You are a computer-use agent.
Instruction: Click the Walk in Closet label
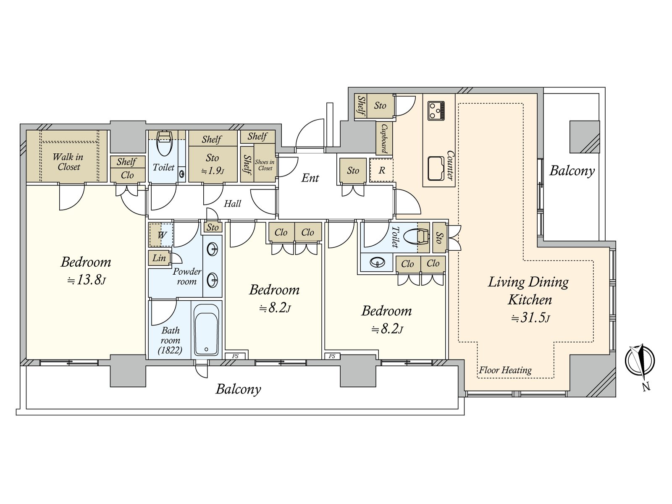coord(68,162)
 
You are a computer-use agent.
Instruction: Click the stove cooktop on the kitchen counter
coord(436,110)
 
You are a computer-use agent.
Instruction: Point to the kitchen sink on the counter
coord(436,168)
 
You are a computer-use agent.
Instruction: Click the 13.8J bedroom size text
coord(87,280)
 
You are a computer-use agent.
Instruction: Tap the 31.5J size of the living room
coord(530,318)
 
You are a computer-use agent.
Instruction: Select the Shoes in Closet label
coord(265,165)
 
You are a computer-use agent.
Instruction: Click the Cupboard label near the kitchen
coord(384,138)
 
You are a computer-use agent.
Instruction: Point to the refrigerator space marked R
coord(381,170)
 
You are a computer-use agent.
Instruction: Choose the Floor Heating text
coord(505,370)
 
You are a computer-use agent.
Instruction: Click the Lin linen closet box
coord(159,258)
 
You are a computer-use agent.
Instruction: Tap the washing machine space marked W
coord(161,235)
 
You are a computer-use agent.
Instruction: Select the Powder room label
coord(187,276)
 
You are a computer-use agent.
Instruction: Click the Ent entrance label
coord(310,178)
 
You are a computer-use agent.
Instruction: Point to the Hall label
coord(232,204)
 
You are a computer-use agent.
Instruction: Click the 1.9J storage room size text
coord(213,171)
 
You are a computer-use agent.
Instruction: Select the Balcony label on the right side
coord(572,171)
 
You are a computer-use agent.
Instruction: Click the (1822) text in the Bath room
coord(170,350)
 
